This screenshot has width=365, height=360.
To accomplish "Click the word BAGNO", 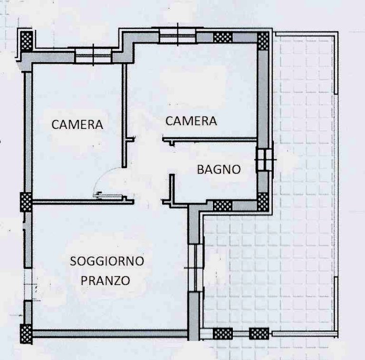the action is coord(219,169).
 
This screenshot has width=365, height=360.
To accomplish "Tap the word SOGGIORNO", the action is coord(107,261).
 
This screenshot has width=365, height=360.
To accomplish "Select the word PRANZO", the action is coord(105,281).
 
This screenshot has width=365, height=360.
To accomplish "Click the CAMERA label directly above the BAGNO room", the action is coord(191,121).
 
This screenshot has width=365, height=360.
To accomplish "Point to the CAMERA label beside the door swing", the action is coord(77,124).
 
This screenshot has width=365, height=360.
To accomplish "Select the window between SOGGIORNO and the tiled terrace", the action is coord(195,268).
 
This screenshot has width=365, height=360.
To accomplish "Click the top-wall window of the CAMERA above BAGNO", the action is coord(178,36).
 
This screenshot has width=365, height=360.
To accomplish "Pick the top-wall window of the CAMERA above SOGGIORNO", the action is coord(93,56).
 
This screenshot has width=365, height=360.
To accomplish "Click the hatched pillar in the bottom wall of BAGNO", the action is coord(223,205).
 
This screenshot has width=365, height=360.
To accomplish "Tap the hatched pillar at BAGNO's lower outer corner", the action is coord(263,202).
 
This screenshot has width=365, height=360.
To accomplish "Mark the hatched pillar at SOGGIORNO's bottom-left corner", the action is coord(26,334).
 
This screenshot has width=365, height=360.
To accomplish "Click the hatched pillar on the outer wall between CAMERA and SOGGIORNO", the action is coord(26,202).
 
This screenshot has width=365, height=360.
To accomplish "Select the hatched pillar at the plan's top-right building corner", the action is coord(263,41).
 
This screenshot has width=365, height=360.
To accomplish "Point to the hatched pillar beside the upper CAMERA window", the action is coord(223,37).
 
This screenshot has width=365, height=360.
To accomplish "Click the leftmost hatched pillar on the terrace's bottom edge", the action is coord(223,333).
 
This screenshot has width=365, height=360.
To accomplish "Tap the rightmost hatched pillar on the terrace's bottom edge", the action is coord(259,333).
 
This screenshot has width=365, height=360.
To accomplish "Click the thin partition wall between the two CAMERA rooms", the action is coord(125,116).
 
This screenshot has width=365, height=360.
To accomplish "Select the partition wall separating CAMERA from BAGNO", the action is coord(210,140).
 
